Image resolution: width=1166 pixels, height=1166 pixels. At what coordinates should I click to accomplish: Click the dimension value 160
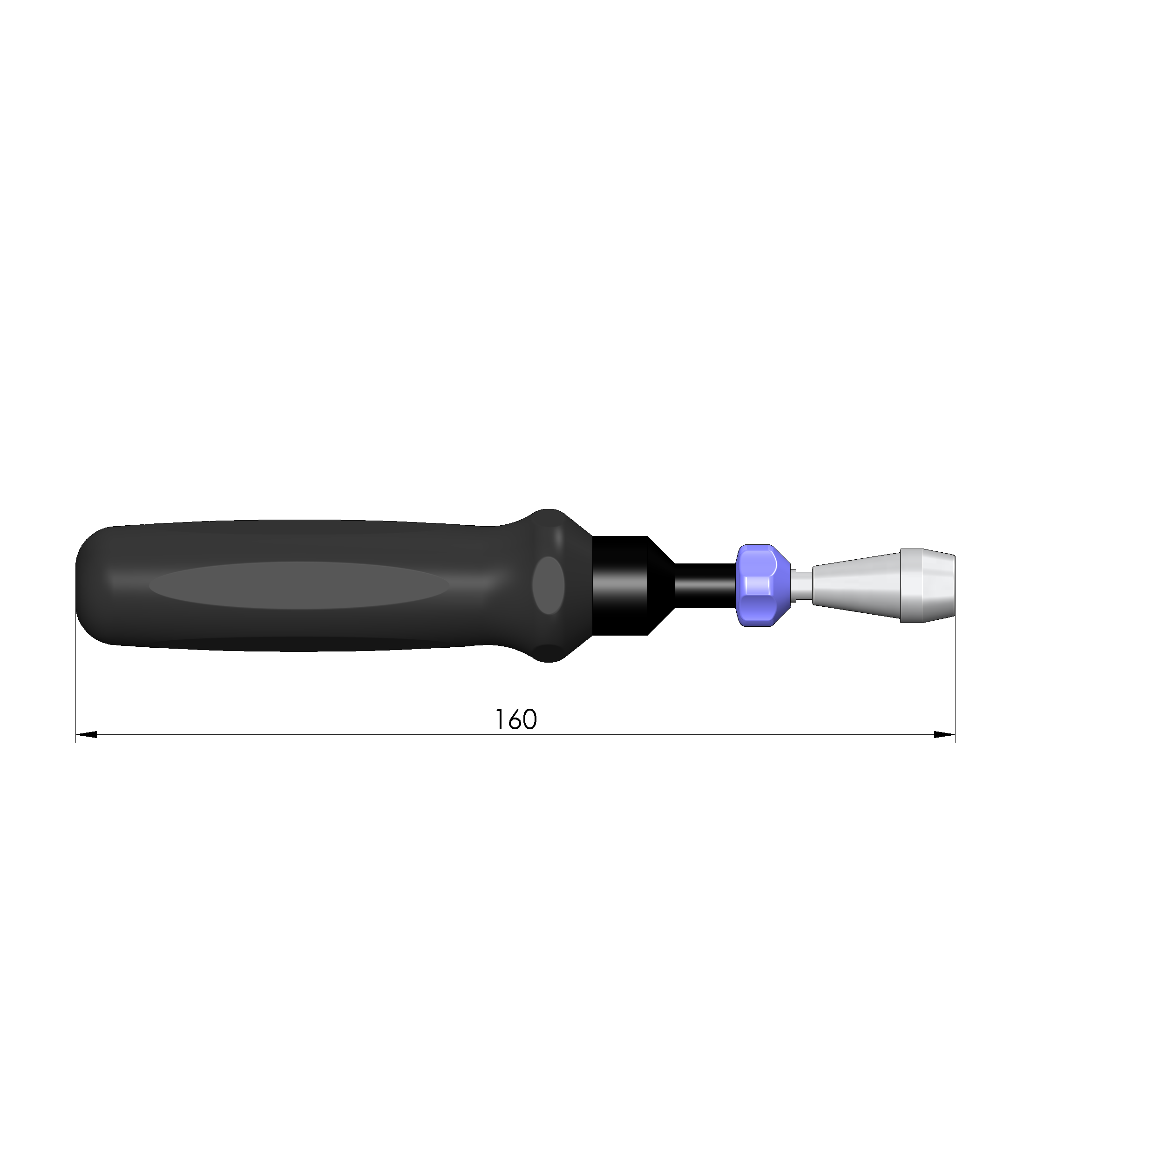point(515,719)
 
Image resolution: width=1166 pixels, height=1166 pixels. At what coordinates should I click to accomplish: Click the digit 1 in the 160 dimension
point(500,719)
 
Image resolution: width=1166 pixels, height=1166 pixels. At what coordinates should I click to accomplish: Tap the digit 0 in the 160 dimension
point(530,719)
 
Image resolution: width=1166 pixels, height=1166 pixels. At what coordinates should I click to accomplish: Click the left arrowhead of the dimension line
point(86,734)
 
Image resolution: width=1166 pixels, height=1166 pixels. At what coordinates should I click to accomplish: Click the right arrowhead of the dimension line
point(944,734)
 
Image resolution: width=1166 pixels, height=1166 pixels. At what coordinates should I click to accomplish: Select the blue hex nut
point(762,585)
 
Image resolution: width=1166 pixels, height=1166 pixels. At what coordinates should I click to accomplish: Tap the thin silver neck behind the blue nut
point(801,585)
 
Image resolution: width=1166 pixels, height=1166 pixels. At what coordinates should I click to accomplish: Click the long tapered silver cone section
point(856,585)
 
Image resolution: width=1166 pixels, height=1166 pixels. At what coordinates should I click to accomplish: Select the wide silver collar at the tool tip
point(928,585)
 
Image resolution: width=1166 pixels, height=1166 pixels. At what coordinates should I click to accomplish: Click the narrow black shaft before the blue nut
point(705,585)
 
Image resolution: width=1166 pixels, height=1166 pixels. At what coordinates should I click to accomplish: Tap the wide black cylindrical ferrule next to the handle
point(620,585)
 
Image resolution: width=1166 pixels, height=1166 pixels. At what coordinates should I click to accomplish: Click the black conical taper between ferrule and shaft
point(661,585)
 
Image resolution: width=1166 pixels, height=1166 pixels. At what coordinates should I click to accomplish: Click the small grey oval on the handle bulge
point(548,585)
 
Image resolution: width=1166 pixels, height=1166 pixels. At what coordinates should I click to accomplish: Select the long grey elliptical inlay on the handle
point(299,585)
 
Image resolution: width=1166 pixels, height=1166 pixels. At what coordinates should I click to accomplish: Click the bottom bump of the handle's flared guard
point(548,654)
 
